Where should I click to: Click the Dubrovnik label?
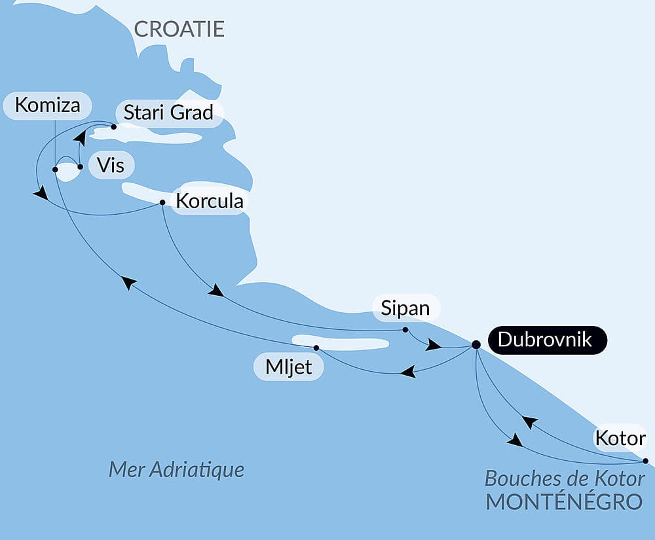click(545, 340)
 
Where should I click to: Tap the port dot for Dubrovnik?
click(476, 344)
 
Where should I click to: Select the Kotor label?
click(620, 438)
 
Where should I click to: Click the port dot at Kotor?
click(646, 461)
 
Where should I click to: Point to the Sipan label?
click(405, 308)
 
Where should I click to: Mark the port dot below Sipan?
click(405, 329)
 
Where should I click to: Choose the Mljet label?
click(288, 367)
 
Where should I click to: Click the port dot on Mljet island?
click(316, 348)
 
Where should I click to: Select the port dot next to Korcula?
click(162, 202)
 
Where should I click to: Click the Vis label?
click(110, 164)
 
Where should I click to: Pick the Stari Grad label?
click(168, 113)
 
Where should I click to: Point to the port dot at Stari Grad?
click(114, 127)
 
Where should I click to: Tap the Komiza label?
click(47, 105)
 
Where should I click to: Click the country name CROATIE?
click(179, 29)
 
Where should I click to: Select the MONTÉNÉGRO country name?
click(563, 501)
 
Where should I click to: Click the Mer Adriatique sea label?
click(176, 469)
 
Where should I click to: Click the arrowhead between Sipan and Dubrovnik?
click(433, 344)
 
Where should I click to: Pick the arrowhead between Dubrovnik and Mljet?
click(408, 372)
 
